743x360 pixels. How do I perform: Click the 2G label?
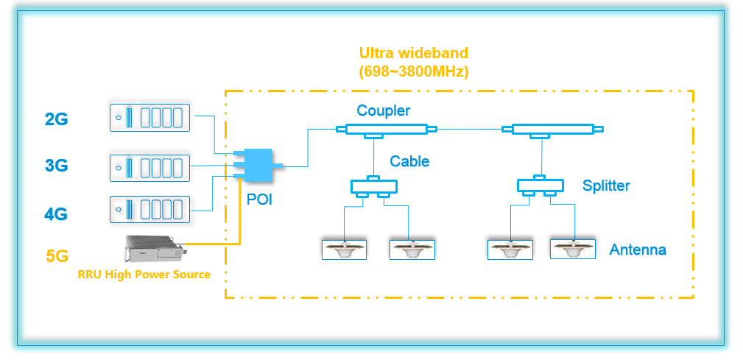tap(56, 119)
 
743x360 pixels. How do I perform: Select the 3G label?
tap(56, 166)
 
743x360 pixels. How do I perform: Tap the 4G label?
tap(56, 214)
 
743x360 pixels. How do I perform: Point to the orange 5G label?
tap(56, 257)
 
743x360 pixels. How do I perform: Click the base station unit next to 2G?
tap(150, 118)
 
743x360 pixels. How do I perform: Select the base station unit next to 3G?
tap(150, 167)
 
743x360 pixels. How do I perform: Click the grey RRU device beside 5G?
tap(153, 250)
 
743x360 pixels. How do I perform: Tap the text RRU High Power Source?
tap(144, 275)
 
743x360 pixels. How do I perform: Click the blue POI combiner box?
tap(257, 165)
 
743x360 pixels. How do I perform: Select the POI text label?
tap(259, 200)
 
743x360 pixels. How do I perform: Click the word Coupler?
tap(383, 111)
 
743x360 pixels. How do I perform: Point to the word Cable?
tap(409, 161)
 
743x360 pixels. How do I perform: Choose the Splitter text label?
tap(606, 185)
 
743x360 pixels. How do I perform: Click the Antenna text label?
tap(637, 250)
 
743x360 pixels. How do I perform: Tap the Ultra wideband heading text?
tap(413, 53)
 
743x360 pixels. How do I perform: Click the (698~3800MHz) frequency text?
tap(414, 72)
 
